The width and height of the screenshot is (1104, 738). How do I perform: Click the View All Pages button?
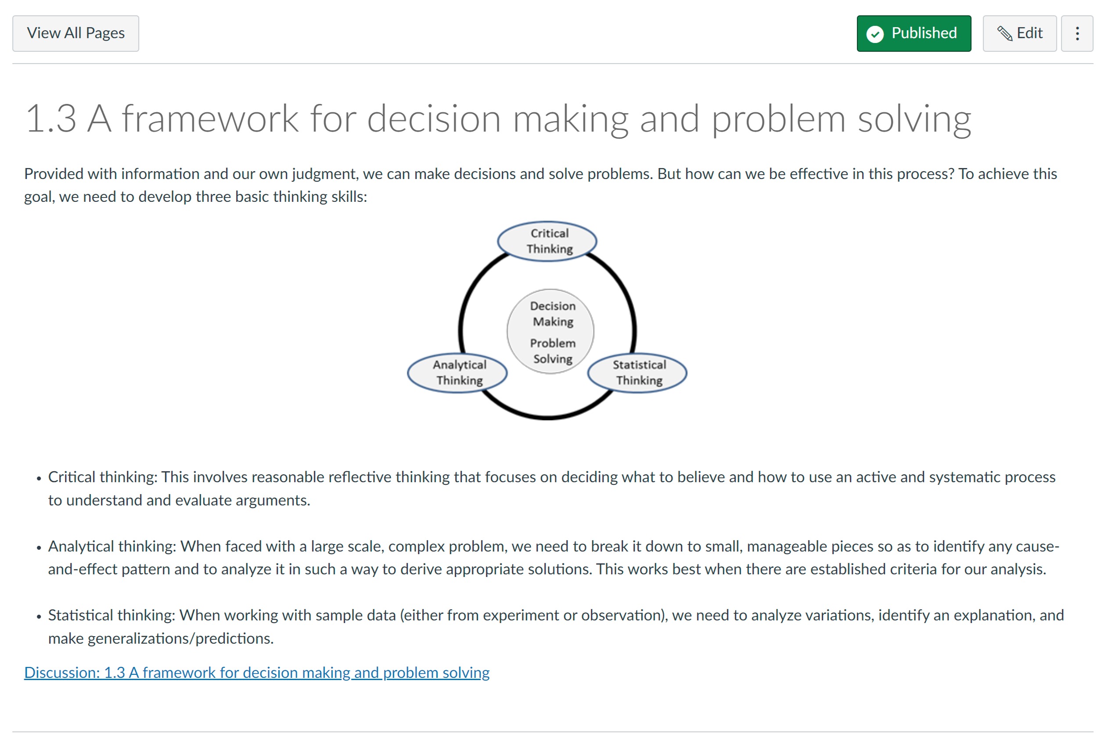tap(76, 33)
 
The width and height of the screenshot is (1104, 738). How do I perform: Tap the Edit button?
tap(1019, 33)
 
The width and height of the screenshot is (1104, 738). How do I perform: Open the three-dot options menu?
tap(1077, 33)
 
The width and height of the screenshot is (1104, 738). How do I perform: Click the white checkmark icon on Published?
tap(875, 34)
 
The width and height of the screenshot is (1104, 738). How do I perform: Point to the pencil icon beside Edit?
tap(1004, 33)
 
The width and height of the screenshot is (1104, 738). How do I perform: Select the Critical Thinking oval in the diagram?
tap(547, 241)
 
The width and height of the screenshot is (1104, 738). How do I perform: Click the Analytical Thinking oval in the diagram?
tap(457, 373)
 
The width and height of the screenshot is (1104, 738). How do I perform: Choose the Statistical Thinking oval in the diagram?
tap(637, 373)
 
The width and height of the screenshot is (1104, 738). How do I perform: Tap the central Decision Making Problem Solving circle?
tap(550, 331)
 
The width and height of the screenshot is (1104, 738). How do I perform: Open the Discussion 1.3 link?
tap(257, 673)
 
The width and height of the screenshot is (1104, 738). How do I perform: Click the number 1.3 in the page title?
tap(51, 118)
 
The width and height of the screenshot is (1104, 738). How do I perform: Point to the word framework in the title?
tap(210, 118)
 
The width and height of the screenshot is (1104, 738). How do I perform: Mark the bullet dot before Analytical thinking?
tap(39, 548)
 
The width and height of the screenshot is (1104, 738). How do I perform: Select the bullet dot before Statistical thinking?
tap(39, 616)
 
